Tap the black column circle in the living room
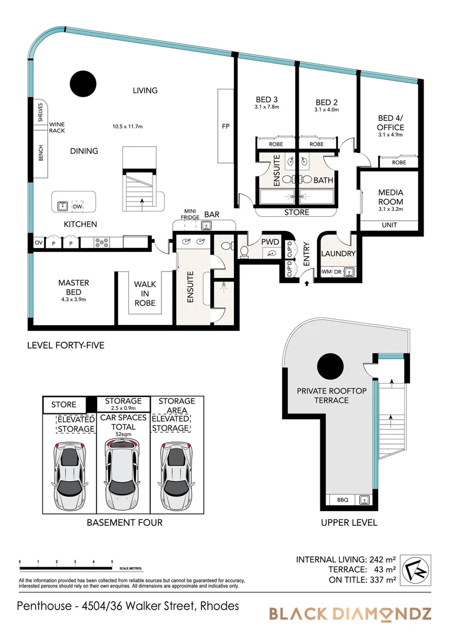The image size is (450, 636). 83,81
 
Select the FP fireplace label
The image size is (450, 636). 225,126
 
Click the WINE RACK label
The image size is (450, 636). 57,128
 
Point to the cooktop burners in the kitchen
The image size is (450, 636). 100,242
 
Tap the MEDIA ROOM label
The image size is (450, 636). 391,197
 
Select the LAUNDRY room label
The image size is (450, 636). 338,254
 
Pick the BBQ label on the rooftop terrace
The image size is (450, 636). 343,500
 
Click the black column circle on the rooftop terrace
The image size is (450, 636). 330,367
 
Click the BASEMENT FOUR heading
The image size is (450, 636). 124,522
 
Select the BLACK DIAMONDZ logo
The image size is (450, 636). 350,614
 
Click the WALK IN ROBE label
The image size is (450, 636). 145,293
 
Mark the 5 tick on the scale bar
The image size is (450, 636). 112,562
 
